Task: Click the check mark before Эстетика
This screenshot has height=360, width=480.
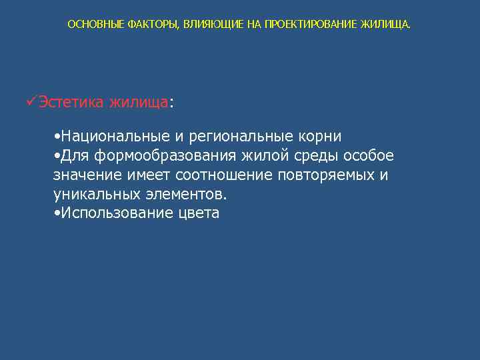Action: pos(30,102)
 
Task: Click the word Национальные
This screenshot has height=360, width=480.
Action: pos(114,137)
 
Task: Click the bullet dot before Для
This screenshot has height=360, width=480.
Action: pos(56,156)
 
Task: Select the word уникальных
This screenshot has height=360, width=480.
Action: pos(97,195)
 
